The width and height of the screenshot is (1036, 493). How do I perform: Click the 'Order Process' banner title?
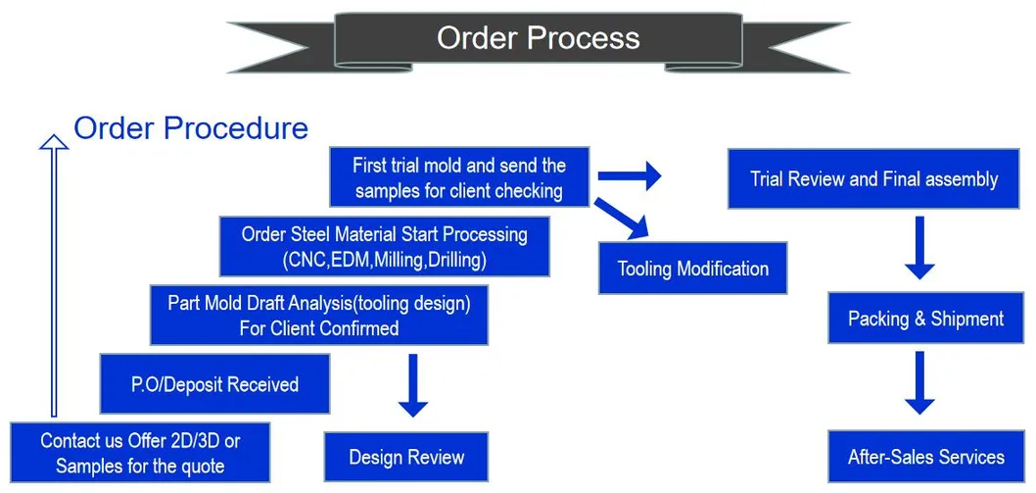coord(538,38)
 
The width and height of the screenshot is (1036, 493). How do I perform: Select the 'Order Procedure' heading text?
coord(191,128)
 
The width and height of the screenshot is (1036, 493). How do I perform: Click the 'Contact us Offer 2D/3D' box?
coord(140,453)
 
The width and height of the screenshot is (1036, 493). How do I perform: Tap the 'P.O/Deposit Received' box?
coord(214,384)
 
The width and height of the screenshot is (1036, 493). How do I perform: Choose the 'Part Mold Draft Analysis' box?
coord(319,316)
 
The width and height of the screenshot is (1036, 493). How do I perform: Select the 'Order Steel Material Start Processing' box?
coord(384,247)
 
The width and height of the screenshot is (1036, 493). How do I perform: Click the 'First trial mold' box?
coord(458,177)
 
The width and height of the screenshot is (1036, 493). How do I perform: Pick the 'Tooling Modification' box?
coord(693,269)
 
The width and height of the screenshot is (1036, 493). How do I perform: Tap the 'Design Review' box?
coord(406,457)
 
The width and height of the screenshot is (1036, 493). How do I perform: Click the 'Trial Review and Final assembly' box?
coord(873,179)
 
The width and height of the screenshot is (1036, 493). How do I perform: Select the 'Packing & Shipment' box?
coord(925,319)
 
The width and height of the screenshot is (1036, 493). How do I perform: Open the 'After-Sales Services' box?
coord(925,457)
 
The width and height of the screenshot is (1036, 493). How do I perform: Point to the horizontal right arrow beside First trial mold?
coord(629,176)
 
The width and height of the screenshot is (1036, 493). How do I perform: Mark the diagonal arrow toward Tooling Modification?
coord(623,219)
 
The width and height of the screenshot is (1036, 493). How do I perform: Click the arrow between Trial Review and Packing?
coord(919,248)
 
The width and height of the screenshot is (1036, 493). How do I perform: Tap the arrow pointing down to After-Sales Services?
coord(919,383)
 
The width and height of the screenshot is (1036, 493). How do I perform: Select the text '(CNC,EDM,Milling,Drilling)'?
coord(384,260)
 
